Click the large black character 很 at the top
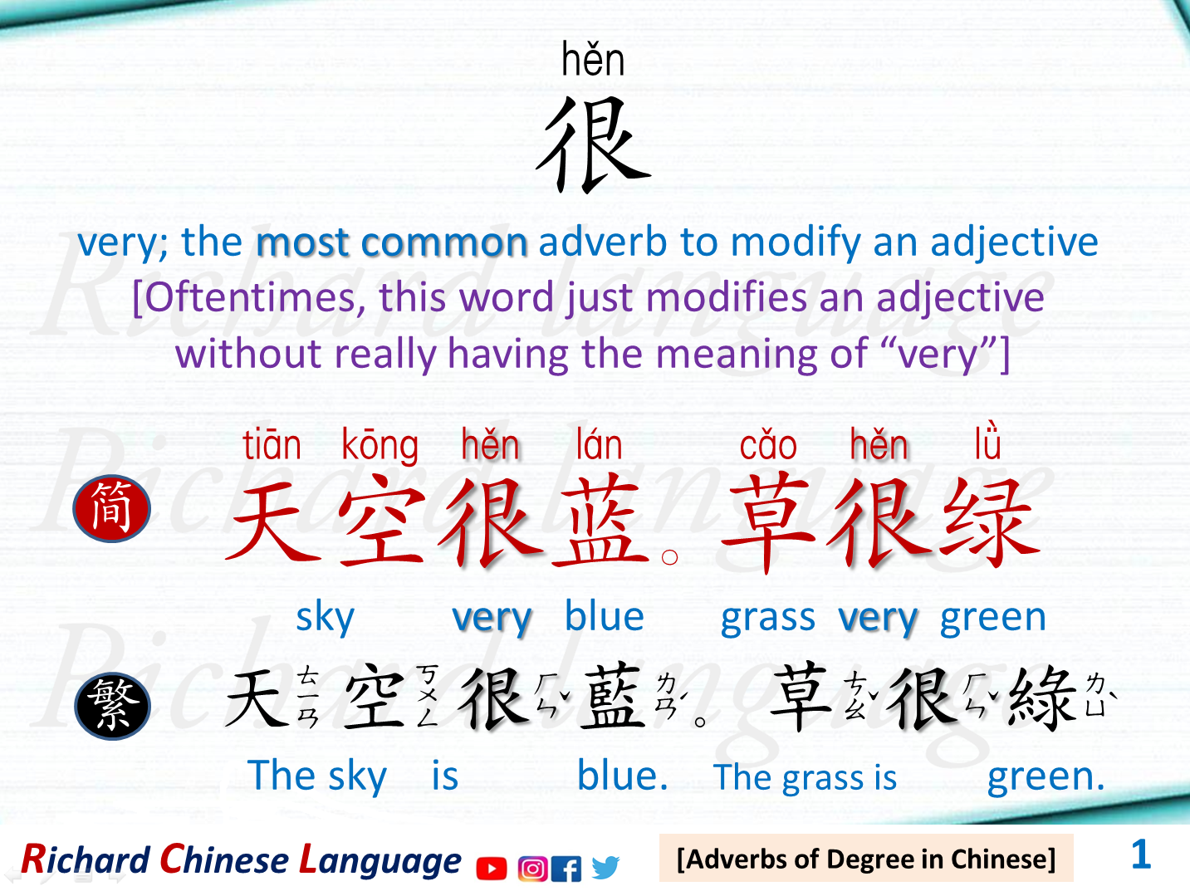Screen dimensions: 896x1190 click(x=593, y=144)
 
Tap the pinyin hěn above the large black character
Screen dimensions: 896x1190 click(x=593, y=61)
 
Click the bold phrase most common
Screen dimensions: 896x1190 click(x=391, y=242)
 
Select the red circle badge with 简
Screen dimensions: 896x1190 click(x=111, y=508)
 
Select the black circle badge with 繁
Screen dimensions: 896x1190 click(x=112, y=706)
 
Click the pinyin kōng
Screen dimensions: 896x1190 click(x=380, y=446)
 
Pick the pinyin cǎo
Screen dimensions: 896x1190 click(x=768, y=446)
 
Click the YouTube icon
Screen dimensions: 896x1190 click(x=492, y=869)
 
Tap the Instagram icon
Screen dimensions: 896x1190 click(x=532, y=869)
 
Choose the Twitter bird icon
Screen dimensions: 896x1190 click(x=605, y=868)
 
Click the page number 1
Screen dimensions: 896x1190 click(x=1141, y=854)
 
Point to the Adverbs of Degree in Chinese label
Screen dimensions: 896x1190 click(x=865, y=859)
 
